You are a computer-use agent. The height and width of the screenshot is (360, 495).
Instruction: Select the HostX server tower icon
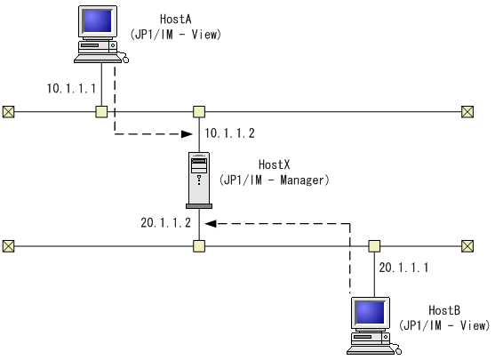pos(199,179)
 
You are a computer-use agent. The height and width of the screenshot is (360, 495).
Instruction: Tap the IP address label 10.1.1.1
pos(70,89)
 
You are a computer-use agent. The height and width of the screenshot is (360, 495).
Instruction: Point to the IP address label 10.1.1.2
pos(229,133)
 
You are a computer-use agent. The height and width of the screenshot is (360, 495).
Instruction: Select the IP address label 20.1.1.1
pos(403,267)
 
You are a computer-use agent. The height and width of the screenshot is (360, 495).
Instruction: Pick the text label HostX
pos(275,164)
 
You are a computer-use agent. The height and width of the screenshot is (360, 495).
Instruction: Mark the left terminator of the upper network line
pos(8,111)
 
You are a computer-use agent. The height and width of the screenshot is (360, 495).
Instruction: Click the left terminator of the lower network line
pos(8,245)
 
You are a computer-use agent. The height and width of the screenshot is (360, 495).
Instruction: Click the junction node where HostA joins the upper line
pos(102,111)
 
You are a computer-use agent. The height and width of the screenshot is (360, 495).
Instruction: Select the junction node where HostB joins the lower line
pos(374,245)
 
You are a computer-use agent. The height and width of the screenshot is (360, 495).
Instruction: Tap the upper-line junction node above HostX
pos(199,111)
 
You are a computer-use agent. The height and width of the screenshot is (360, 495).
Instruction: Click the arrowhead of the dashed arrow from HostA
pos(187,135)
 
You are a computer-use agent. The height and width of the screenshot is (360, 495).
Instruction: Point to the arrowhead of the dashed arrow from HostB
pos(212,224)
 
